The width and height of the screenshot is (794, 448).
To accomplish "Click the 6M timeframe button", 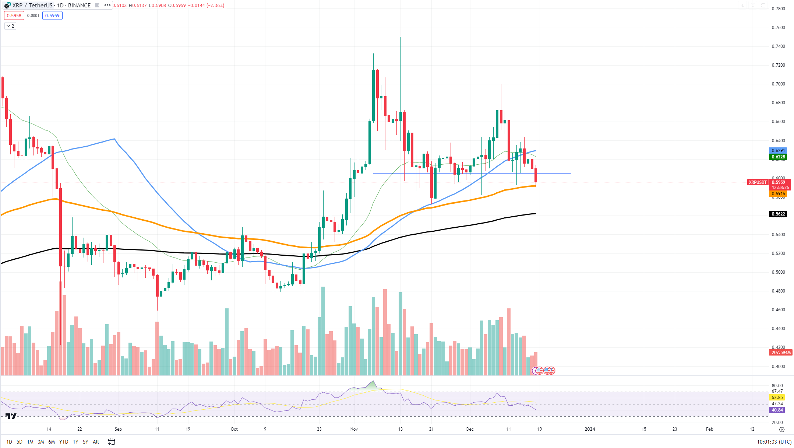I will (52, 442).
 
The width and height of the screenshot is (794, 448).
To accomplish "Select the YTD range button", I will (64, 442).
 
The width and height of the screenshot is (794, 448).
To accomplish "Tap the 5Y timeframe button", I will (85, 442).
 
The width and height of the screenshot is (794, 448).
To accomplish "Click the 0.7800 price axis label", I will (778, 9).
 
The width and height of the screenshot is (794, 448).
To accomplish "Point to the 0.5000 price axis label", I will (778, 272).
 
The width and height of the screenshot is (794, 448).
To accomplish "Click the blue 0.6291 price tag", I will (778, 151).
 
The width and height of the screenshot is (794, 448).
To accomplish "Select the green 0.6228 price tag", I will (778, 157).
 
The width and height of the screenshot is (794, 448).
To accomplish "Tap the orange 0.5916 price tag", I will (778, 194).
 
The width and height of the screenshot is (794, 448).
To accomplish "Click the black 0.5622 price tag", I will (778, 214).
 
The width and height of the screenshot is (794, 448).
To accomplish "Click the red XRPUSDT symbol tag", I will (758, 182).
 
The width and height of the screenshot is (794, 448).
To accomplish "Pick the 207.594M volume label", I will (781, 353).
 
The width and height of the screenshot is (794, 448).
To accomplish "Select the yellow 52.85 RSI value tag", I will (777, 398).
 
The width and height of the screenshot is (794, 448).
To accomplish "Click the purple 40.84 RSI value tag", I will (777, 410).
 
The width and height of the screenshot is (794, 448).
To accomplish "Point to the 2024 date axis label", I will (590, 429).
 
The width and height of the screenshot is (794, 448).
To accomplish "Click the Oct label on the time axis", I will (234, 429).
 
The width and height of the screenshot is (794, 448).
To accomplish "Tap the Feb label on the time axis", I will (709, 429).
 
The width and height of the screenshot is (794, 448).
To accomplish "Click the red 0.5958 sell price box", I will (14, 15).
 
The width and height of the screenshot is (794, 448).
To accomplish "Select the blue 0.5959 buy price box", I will (52, 15).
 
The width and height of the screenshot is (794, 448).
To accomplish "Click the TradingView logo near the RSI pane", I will (11, 416).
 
